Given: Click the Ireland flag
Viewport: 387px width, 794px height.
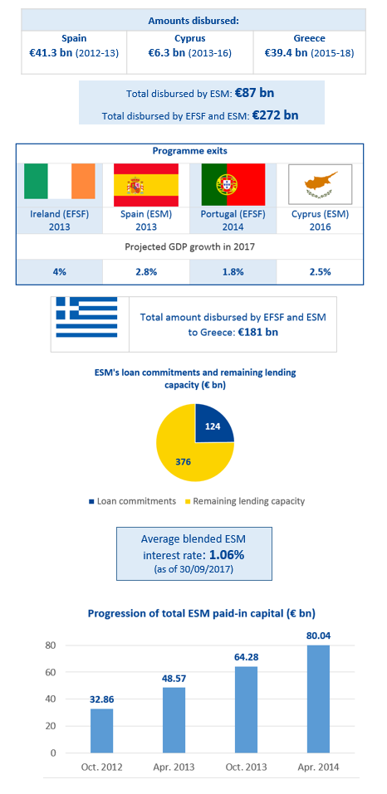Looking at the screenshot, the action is pyautogui.click(x=59, y=181).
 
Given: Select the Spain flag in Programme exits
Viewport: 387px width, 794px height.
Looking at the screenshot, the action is pyautogui.click(x=146, y=181).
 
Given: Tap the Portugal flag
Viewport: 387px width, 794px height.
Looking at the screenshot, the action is pyautogui.click(x=233, y=181).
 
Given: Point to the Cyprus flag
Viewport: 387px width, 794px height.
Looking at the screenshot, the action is pyautogui.click(x=320, y=184).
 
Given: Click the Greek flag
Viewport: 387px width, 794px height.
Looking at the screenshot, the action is pyautogui.click(x=86, y=318).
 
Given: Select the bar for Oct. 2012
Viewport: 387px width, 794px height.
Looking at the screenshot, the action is pyautogui.click(x=102, y=731).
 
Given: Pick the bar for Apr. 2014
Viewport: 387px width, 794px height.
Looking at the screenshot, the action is pyautogui.click(x=318, y=699).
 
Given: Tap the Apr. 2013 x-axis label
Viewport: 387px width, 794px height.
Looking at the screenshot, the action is pyautogui.click(x=174, y=767).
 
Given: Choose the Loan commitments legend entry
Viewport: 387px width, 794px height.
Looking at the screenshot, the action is pyautogui.click(x=132, y=501).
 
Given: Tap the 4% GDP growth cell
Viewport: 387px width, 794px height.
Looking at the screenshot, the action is pyautogui.click(x=59, y=271).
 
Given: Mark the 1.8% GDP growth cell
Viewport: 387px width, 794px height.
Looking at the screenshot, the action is pyautogui.click(x=233, y=271).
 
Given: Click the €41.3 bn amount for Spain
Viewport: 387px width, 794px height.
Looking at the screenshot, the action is pyautogui.click(x=51, y=52).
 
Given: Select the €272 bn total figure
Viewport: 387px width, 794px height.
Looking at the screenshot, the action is pyautogui.click(x=275, y=115).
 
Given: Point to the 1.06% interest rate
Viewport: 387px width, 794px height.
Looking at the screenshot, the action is pyautogui.click(x=227, y=554).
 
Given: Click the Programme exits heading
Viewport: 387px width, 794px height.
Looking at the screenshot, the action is pyautogui.click(x=189, y=151).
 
